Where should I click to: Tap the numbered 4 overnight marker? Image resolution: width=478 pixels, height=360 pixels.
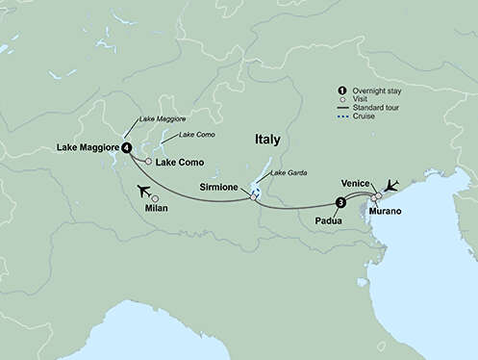click(x=127, y=147)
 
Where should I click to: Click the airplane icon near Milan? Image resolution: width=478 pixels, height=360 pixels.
click(x=144, y=189)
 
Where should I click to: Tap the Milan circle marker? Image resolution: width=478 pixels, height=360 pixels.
click(x=155, y=197)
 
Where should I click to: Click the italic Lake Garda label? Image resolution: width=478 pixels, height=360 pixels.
click(x=288, y=172)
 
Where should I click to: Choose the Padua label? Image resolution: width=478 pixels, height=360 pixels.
click(x=328, y=220)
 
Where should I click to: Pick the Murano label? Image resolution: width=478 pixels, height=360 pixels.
click(x=385, y=210)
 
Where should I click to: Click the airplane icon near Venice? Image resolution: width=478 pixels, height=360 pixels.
click(x=390, y=185)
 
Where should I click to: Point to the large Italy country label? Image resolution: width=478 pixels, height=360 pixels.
click(x=267, y=140)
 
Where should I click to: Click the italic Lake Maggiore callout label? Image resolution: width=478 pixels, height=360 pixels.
click(x=163, y=118)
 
